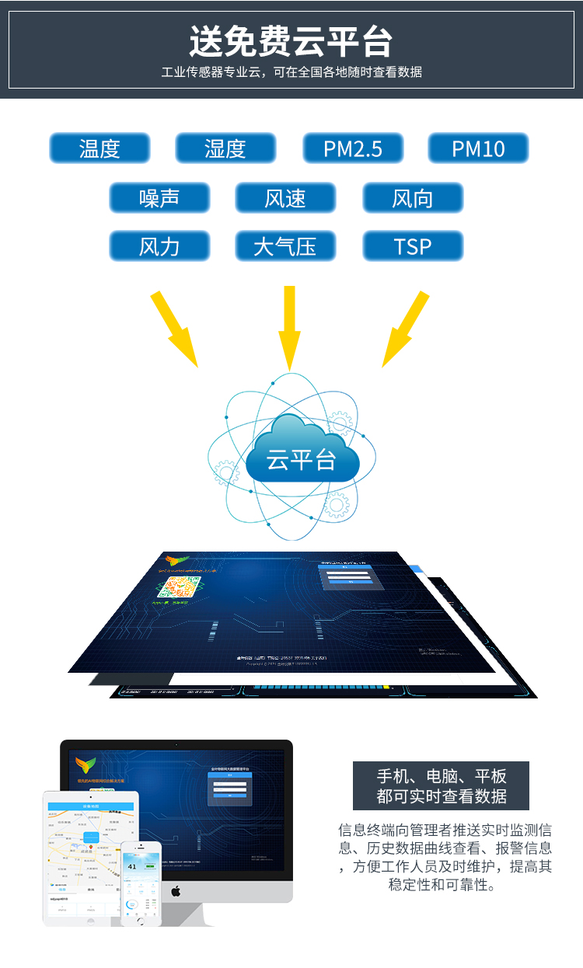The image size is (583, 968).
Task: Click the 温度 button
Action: (x=99, y=148)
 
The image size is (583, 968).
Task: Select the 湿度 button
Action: (x=225, y=148)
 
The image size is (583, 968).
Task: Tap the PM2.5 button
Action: (x=353, y=148)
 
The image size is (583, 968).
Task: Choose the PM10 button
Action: (x=478, y=148)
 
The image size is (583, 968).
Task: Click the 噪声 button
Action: (x=159, y=198)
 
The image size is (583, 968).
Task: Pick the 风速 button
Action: (x=285, y=198)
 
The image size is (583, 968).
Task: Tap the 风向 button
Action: (x=412, y=198)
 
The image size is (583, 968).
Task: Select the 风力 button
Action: (x=159, y=247)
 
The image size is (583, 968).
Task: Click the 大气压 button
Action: (x=285, y=247)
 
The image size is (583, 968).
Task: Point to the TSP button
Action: (x=412, y=247)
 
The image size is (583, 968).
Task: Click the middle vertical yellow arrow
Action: (x=290, y=326)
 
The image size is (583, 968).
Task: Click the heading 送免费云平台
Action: (x=291, y=41)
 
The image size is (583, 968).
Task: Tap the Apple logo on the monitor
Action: (x=176, y=890)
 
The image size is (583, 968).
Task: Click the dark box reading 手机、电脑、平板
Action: (x=441, y=785)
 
